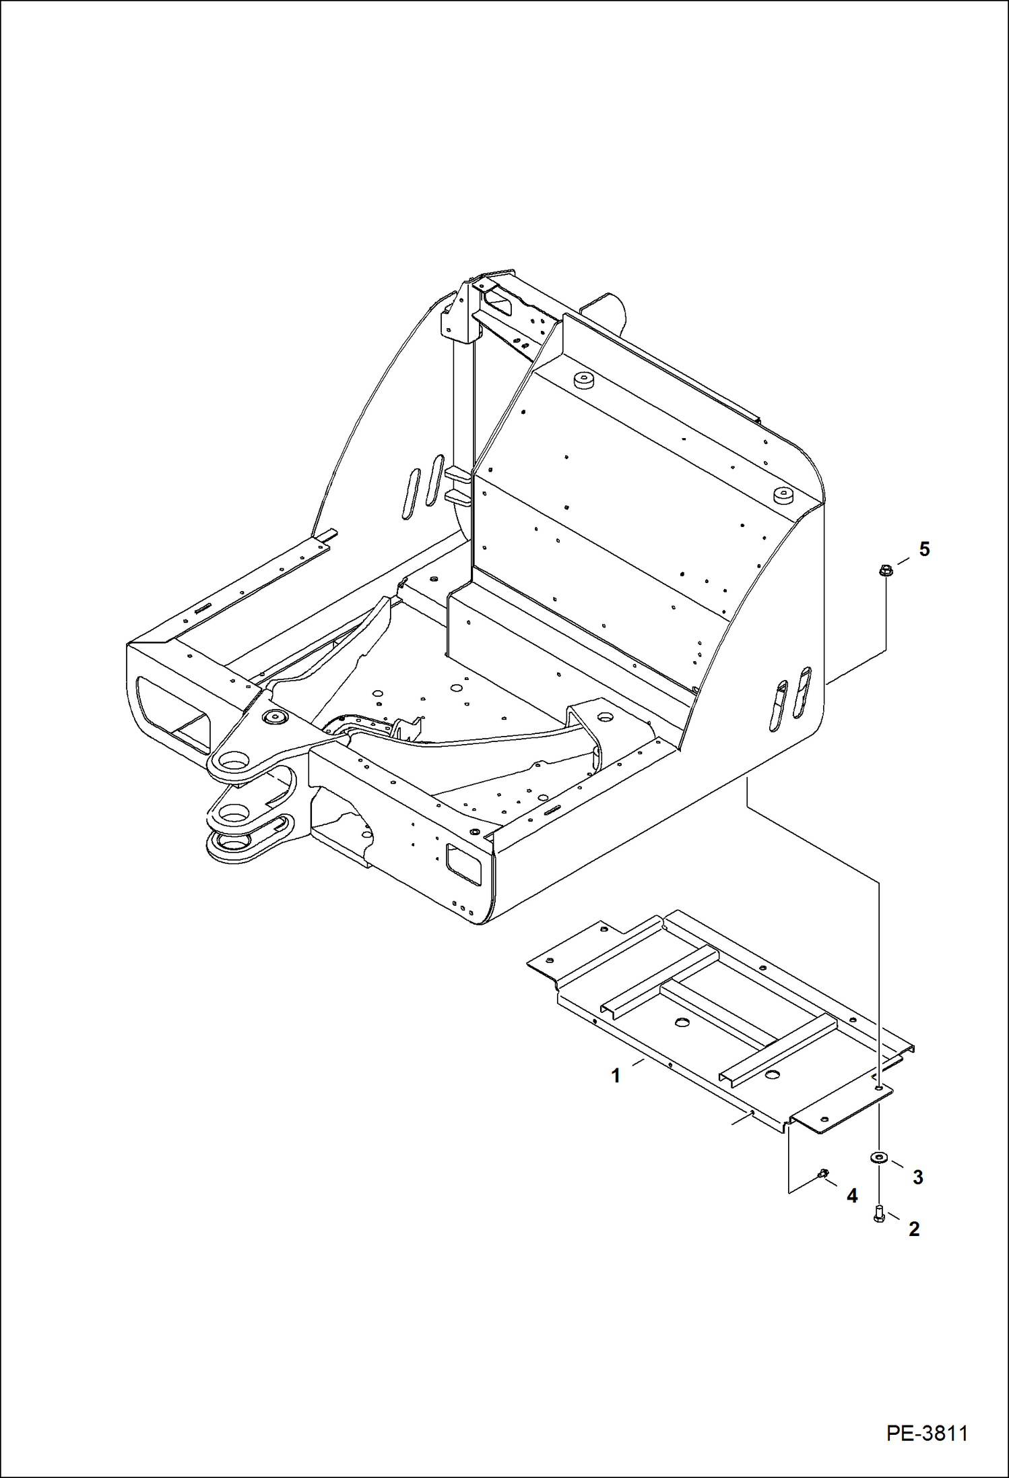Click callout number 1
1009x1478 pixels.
click(x=615, y=1076)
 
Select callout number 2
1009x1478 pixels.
click(x=913, y=1229)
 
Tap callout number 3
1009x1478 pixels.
click(x=917, y=1177)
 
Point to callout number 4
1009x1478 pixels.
click(x=852, y=1196)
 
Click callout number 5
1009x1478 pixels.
click(x=924, y=549)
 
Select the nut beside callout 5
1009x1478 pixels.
click(x=885, y=572)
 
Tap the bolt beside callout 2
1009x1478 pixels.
click(x=878, y=1214)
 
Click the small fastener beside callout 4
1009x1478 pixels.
click(x=822, y=1175)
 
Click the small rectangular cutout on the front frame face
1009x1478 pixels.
click(x=464, y=866)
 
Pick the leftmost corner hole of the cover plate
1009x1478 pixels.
click(x=550, y=960)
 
